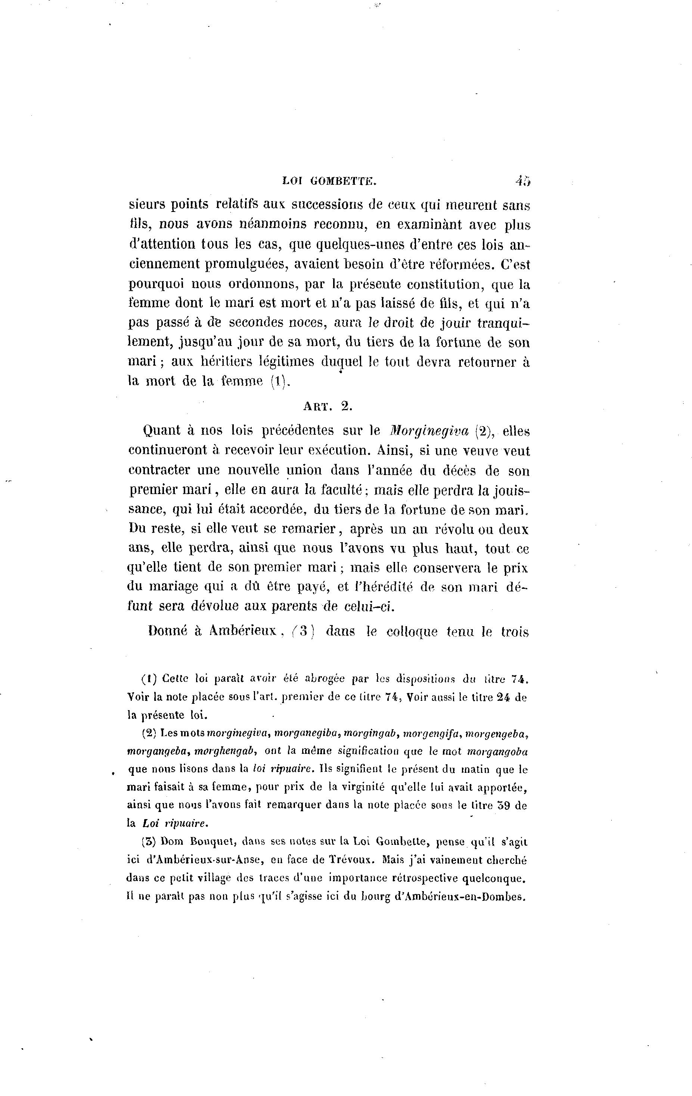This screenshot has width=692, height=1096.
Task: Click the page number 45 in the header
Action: [x=524, y=181]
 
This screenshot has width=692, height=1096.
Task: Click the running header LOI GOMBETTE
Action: [x=329, y=181]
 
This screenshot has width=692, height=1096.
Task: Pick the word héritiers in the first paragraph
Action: [x=226, y=362]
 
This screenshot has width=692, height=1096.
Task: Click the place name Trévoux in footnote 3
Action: [x=351, y=860]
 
